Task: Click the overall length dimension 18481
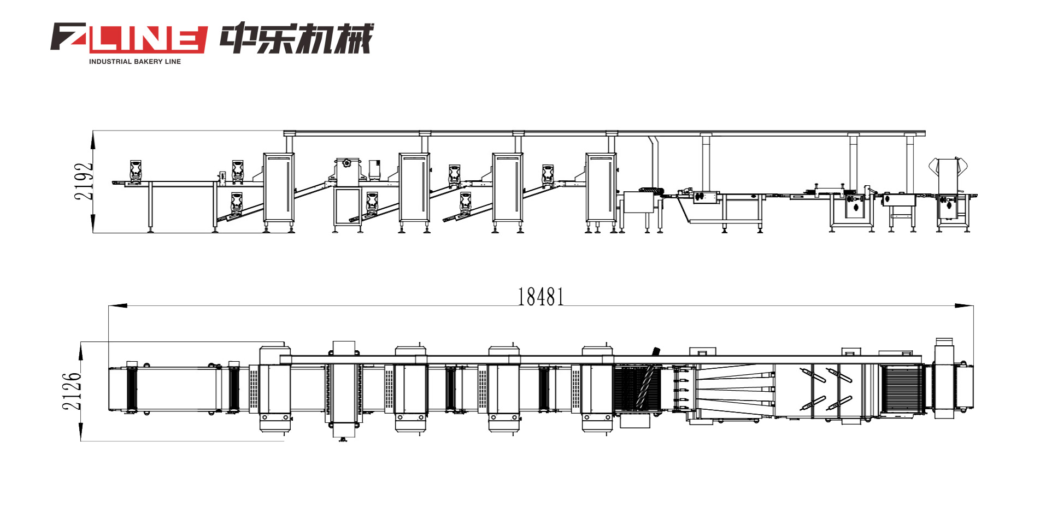pyautogui.click(x=540, y=297)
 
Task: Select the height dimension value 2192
pyautogui.click(x=84, y=181)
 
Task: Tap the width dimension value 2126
pyautogui.click(x=72, y=391)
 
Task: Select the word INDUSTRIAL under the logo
pyautogui.click(x=110, y=62)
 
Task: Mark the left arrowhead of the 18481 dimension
pyautogui.click(x=117, y=305)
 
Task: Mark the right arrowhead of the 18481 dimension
pyautogui.click(x=964, y=305)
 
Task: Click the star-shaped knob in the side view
pyautogui.click(x=346, y=162)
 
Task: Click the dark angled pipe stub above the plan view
pyautogui.click(x=656, y=351)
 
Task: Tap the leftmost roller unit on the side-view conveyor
pyautogui.click(x=136, y=169)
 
